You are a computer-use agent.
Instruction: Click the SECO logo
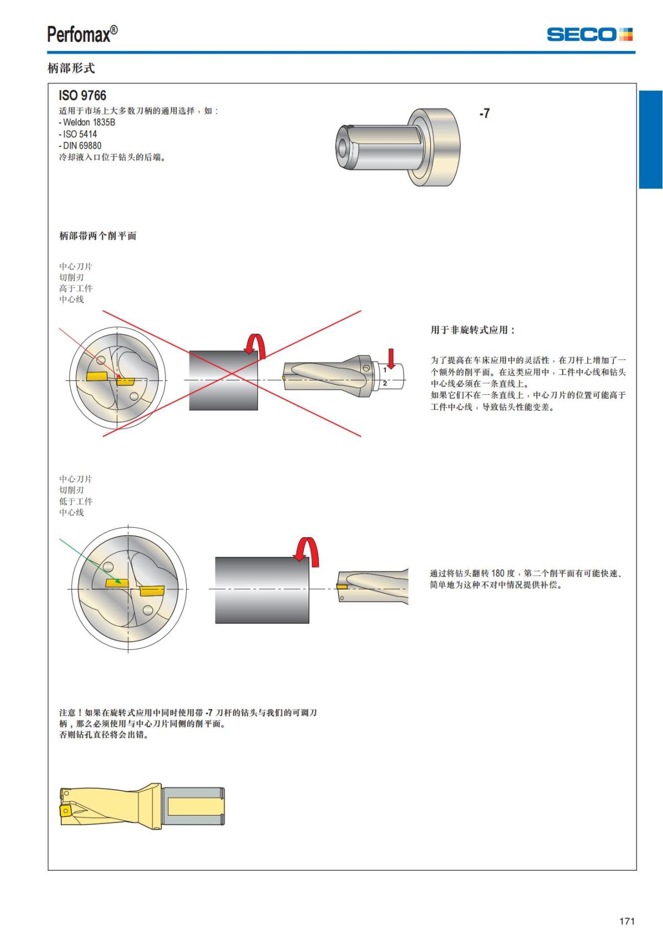[590, 34]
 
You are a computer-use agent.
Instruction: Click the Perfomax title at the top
[82, 34]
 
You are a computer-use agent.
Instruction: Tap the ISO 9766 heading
[82, 96]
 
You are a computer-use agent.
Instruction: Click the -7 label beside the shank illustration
[485, 113]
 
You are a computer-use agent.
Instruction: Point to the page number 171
[627, 920]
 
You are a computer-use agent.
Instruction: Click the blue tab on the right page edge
[650, 139]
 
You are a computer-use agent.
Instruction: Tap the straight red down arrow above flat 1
[391, 358]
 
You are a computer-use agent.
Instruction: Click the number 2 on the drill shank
[385, 383]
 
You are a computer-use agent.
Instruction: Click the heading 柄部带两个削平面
[98, 236]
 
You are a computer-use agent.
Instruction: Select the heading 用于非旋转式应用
[472, 330]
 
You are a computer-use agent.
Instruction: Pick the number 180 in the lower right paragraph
[498, 573]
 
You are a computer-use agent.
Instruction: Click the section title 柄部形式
[71, 68]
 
